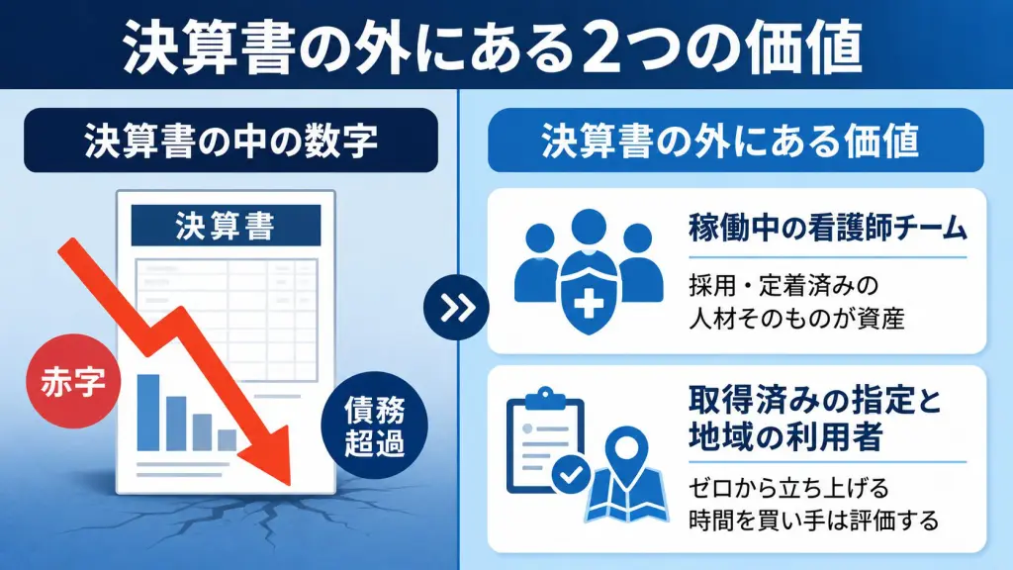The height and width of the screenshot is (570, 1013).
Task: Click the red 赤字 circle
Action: click(73, 381)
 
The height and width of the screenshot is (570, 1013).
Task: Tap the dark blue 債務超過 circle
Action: click(374, 426)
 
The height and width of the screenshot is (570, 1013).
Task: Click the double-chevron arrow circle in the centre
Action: click(456, 308)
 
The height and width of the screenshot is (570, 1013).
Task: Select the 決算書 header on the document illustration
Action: click(226, 226)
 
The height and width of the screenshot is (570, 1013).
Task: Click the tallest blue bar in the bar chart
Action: click(148, 413)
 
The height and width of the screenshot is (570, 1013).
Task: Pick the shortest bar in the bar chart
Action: click(227, 440)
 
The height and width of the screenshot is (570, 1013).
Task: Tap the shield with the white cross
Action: click(588, 293)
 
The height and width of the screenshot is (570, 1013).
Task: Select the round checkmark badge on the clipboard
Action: click(571, 476)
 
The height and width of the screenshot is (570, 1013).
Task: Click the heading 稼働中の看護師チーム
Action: click(828, 229)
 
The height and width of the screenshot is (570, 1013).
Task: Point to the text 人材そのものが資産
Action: click(796, 319)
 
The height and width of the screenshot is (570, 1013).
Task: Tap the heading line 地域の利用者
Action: click(784, 436)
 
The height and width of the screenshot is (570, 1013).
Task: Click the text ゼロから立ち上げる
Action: click(788, 488)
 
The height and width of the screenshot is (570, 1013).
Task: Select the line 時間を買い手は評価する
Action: click(813, 521)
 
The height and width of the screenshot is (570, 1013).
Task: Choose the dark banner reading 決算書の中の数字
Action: click(230, 141)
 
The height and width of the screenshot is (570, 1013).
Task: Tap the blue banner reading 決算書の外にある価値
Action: click(736, 141)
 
